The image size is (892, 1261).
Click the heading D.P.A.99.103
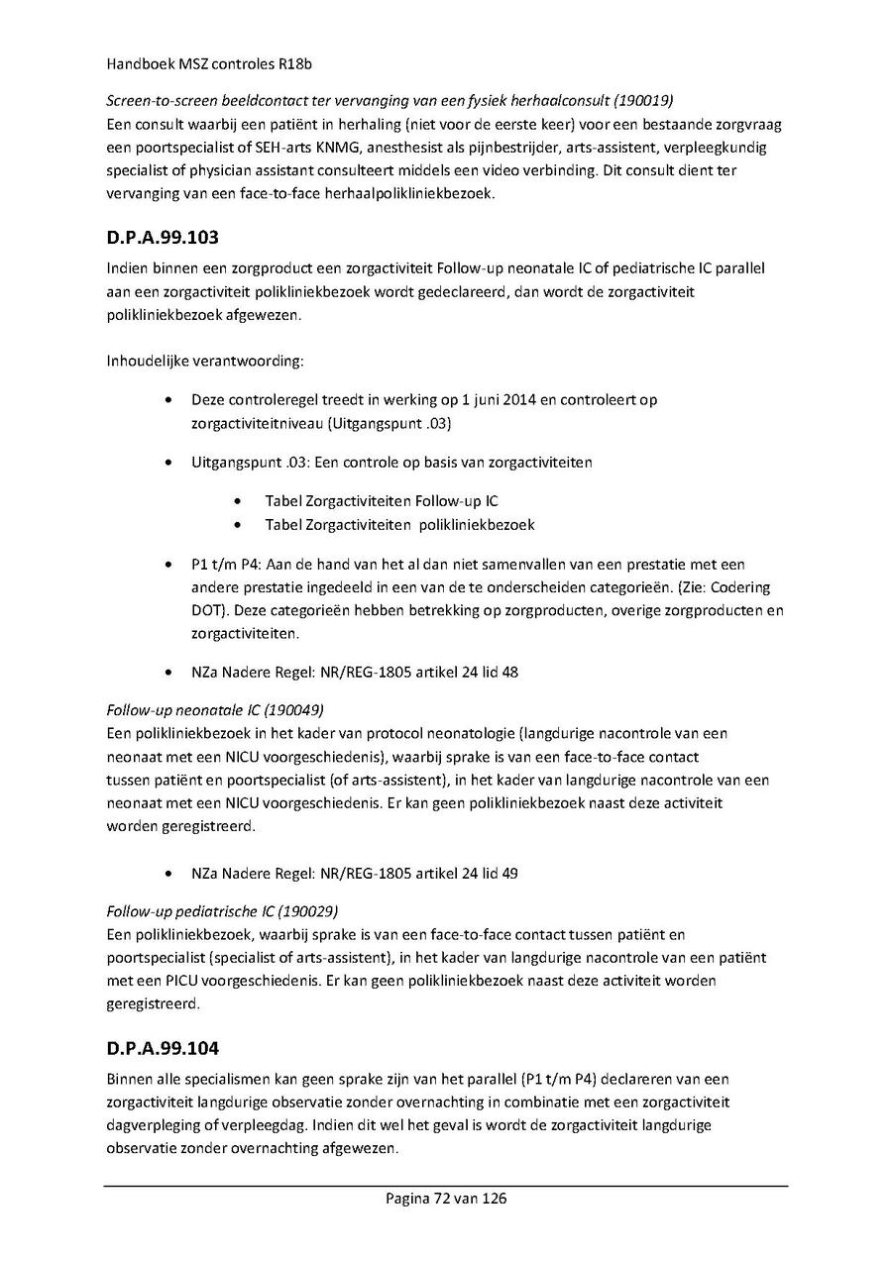pos(163,238)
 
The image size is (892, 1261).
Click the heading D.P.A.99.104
pos(163,1047)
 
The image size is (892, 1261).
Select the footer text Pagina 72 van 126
pos(446,1199)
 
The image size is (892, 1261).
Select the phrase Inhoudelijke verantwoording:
pos(203,361)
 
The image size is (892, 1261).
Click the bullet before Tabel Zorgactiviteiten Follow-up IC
pos(241,501)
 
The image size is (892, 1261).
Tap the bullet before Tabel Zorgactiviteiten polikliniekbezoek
pos(241,525)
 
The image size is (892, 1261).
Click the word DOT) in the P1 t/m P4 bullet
pos(209,611)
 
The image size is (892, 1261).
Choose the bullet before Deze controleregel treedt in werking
pos(171,400)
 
